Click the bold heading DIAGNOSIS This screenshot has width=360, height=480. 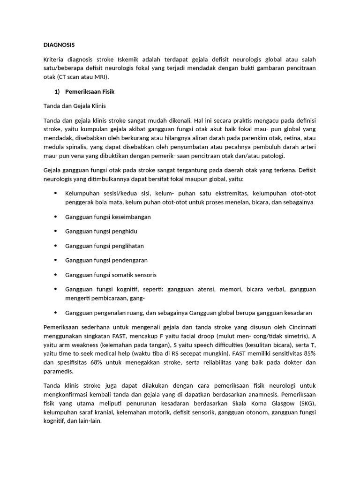click(x=59, y=45)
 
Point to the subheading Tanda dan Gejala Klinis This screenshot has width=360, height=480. click(x=78, y=106)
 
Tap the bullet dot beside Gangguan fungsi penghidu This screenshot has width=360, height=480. click(x=56, y=231)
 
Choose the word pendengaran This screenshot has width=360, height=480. click(x=127, y=260)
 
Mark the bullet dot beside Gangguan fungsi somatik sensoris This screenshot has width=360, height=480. click(x=56, y=274)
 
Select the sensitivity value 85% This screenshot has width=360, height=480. click(x=307, y=354)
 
